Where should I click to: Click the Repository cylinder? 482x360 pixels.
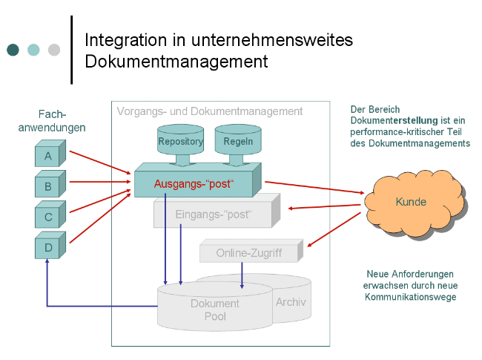[181, 141]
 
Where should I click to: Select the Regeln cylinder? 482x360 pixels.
[238, 141]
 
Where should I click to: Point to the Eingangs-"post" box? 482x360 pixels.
[214, 215]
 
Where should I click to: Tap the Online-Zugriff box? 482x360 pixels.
[249, 253]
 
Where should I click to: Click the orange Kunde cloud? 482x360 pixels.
[411, 202]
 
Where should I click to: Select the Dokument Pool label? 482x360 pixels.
[214, 310]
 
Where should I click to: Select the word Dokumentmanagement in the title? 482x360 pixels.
[176, 61]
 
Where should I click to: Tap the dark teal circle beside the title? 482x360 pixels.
[13, 50]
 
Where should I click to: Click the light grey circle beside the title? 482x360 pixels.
[54, 50]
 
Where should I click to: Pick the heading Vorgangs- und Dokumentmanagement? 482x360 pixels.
[210, 111]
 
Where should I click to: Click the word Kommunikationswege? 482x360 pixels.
[410, 297]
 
